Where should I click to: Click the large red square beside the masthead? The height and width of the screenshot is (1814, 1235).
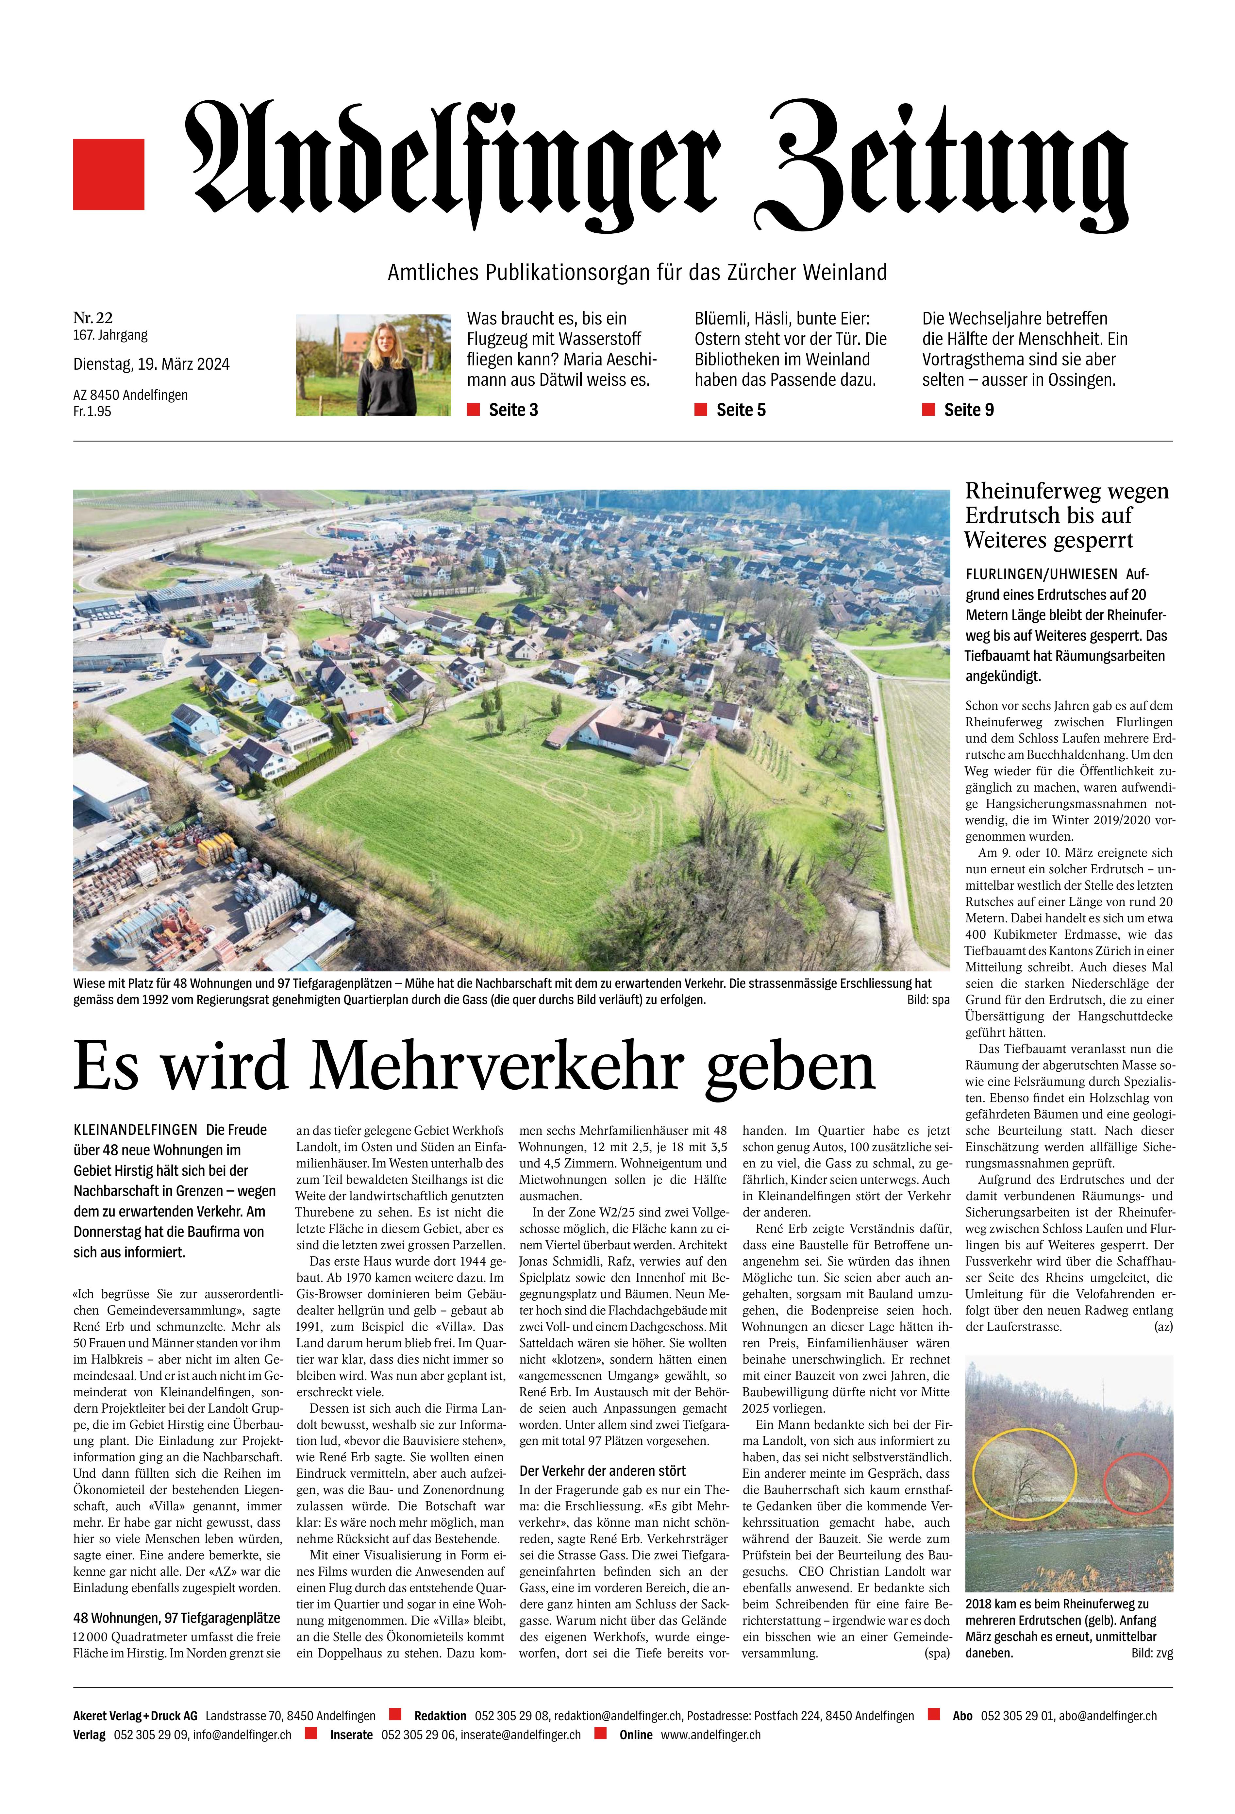[108, 174]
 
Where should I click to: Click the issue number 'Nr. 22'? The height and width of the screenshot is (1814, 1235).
[93, 318]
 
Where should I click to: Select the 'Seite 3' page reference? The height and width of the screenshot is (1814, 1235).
[513, 410]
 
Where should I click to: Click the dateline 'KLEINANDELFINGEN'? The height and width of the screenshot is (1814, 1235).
[135, 1130]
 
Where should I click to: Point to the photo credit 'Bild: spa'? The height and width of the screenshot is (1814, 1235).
[928, 1000]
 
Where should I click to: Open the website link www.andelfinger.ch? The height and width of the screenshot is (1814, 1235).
[710, 1734]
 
